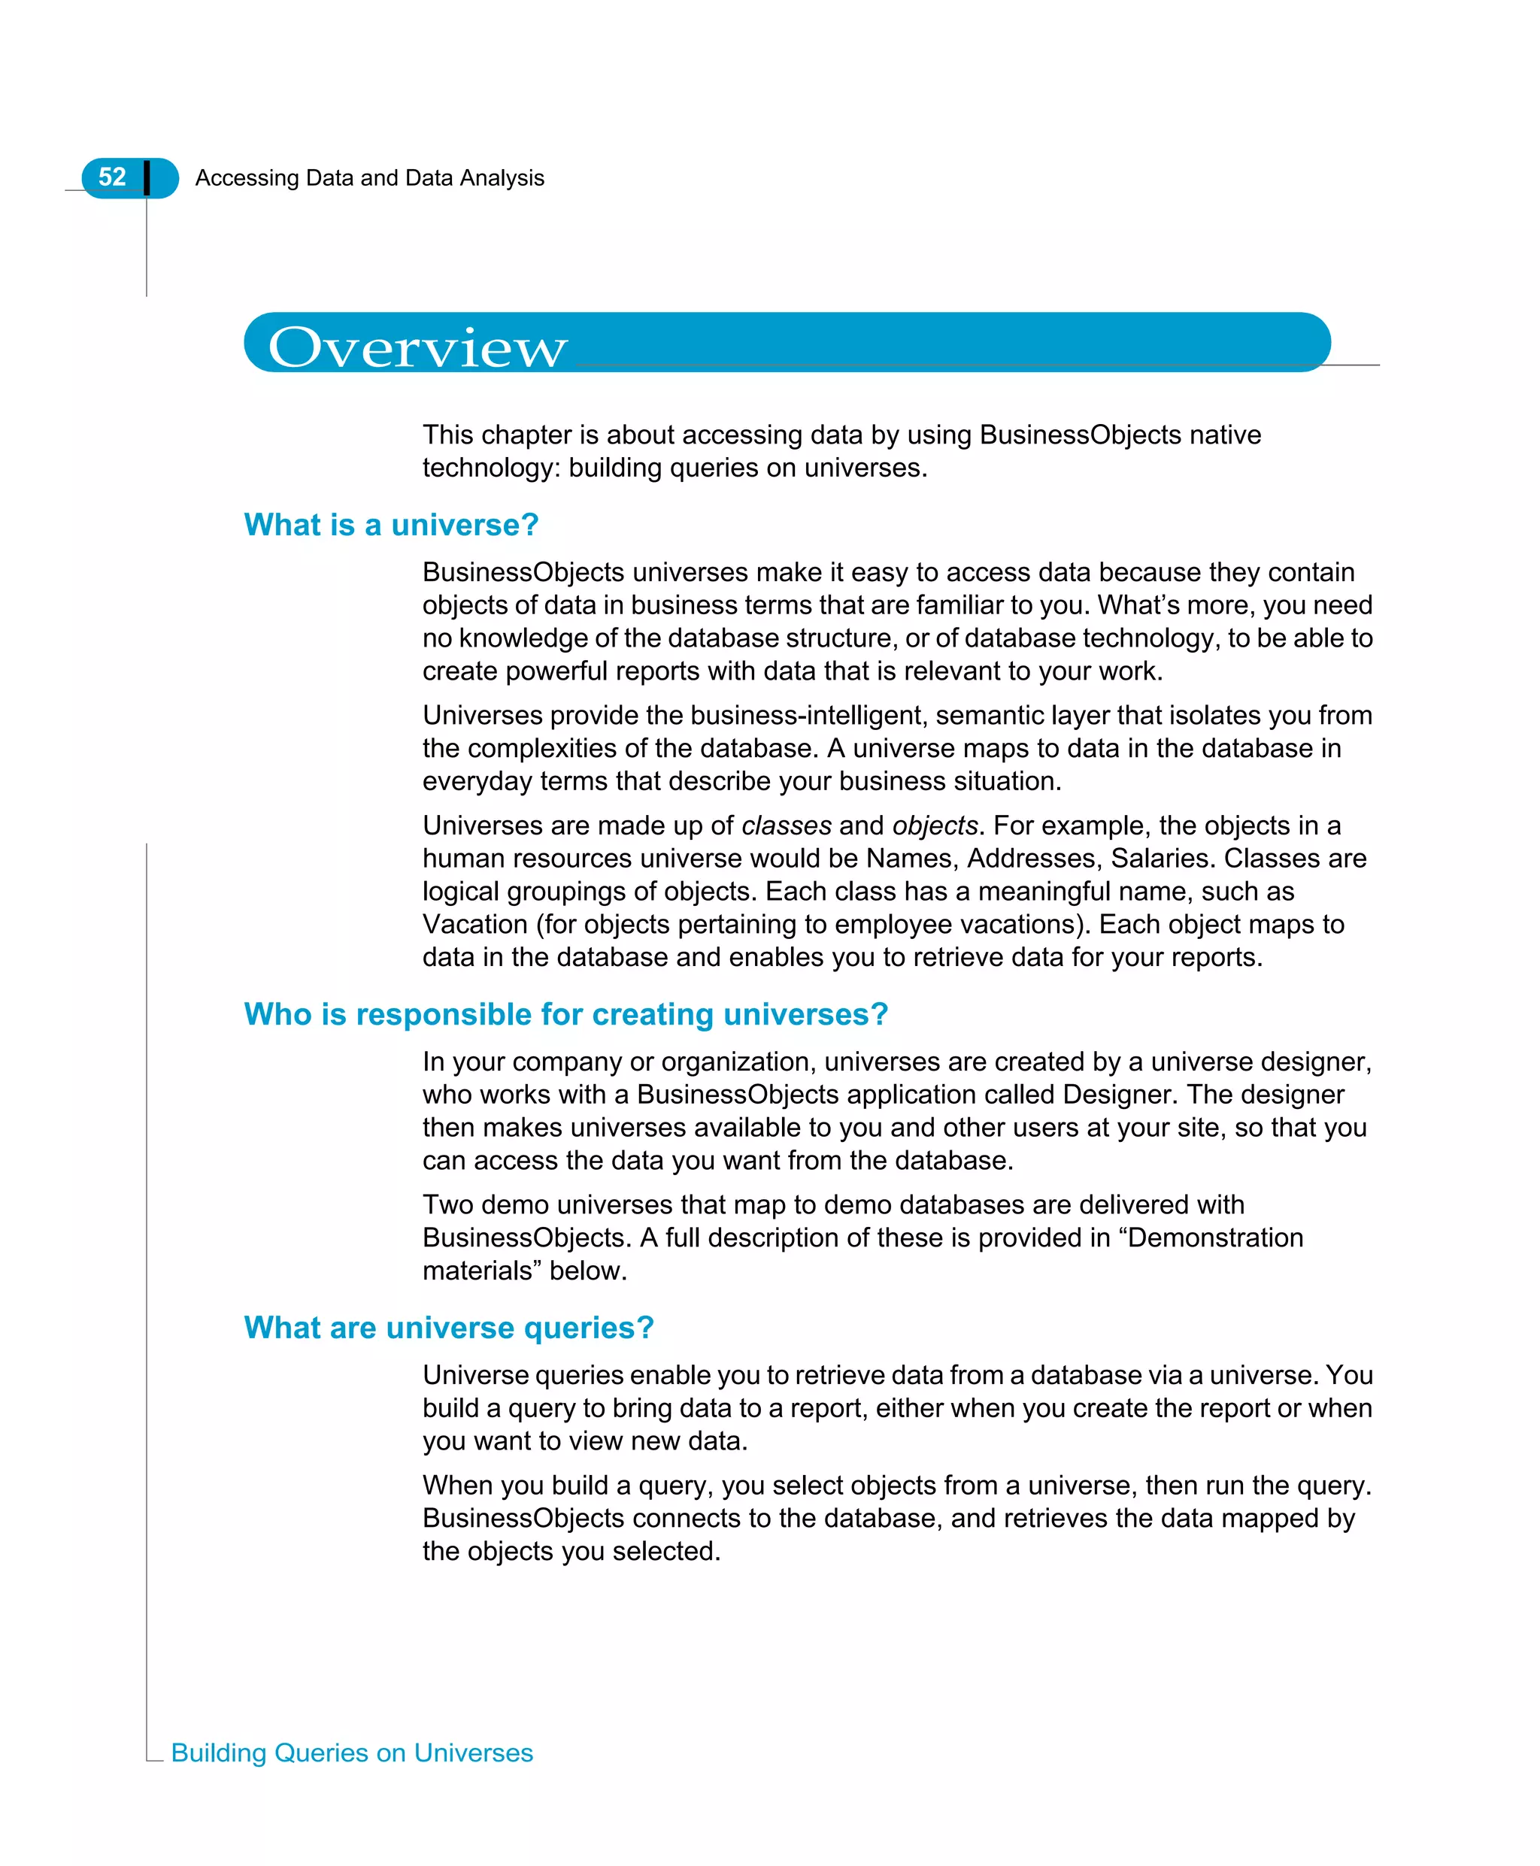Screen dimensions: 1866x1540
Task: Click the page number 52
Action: pyautogui.click(x=112, y=177)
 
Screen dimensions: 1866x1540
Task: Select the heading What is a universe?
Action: pyautogui.click(x=391, y=525)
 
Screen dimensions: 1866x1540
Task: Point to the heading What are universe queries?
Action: pyautogui.click(x=449, y=1327)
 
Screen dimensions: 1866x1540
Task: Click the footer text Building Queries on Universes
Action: pyautogui.click(x=351, y=1752)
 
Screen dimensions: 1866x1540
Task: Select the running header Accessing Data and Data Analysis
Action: pyautogui.click(x=369, y=178)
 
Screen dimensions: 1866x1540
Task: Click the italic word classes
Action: pyautogui.click(x=786, y=825)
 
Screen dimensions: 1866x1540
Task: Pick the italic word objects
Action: pyautogui.click(x=934, y=825)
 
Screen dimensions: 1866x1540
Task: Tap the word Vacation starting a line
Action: pyautogui.click(x=474, y=924)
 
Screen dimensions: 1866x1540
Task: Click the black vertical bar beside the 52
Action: pyautogui.click(x=147, y=177)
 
